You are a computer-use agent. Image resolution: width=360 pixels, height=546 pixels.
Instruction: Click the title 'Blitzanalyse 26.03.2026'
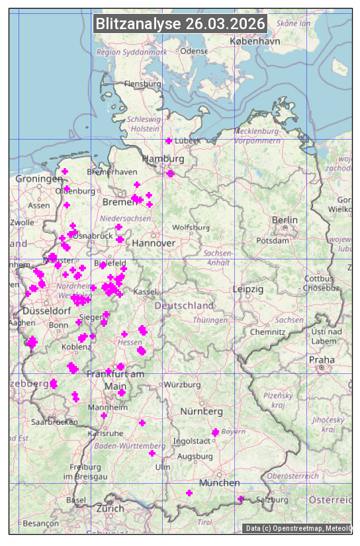tap(180, 24)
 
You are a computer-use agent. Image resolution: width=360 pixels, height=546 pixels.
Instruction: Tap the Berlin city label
tap(285, 220)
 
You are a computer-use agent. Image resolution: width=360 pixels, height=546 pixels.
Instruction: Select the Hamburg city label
tap(163, 159)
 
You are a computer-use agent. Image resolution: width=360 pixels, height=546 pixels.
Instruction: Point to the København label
tap(255, 41)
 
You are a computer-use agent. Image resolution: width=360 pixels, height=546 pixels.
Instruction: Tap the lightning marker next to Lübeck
tap(169, 141)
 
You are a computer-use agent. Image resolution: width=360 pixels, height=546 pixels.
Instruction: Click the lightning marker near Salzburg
tap(241, 499)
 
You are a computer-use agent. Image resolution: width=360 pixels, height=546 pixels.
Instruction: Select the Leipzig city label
tap(248, 289)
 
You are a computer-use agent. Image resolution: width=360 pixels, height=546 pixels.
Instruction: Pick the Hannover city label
tap(154, 243)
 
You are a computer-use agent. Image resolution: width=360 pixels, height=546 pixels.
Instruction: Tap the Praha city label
tap(322, 359)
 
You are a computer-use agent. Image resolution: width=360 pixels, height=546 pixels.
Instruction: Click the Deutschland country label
tap(184, 305)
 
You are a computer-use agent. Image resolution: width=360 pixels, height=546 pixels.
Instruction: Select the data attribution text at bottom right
tap(298, 528)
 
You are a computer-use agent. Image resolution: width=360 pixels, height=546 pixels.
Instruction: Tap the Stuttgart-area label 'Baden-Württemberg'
tap(130, 446)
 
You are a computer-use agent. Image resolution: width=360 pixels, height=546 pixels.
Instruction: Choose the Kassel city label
tap(144, 291)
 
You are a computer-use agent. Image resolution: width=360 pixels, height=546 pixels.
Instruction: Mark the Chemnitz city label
tap(267, 332)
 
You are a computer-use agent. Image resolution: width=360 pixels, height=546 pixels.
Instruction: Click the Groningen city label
tap(39, 179)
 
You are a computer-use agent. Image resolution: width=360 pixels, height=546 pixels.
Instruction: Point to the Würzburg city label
tap(183, 385)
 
